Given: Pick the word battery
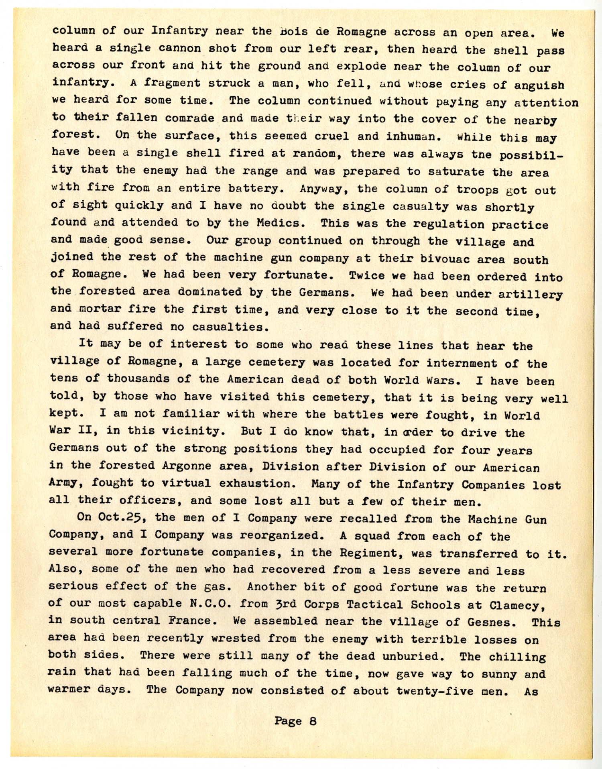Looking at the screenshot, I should click(x=259, y=188).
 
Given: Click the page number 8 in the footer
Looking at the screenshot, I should click(x=313, y=721).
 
